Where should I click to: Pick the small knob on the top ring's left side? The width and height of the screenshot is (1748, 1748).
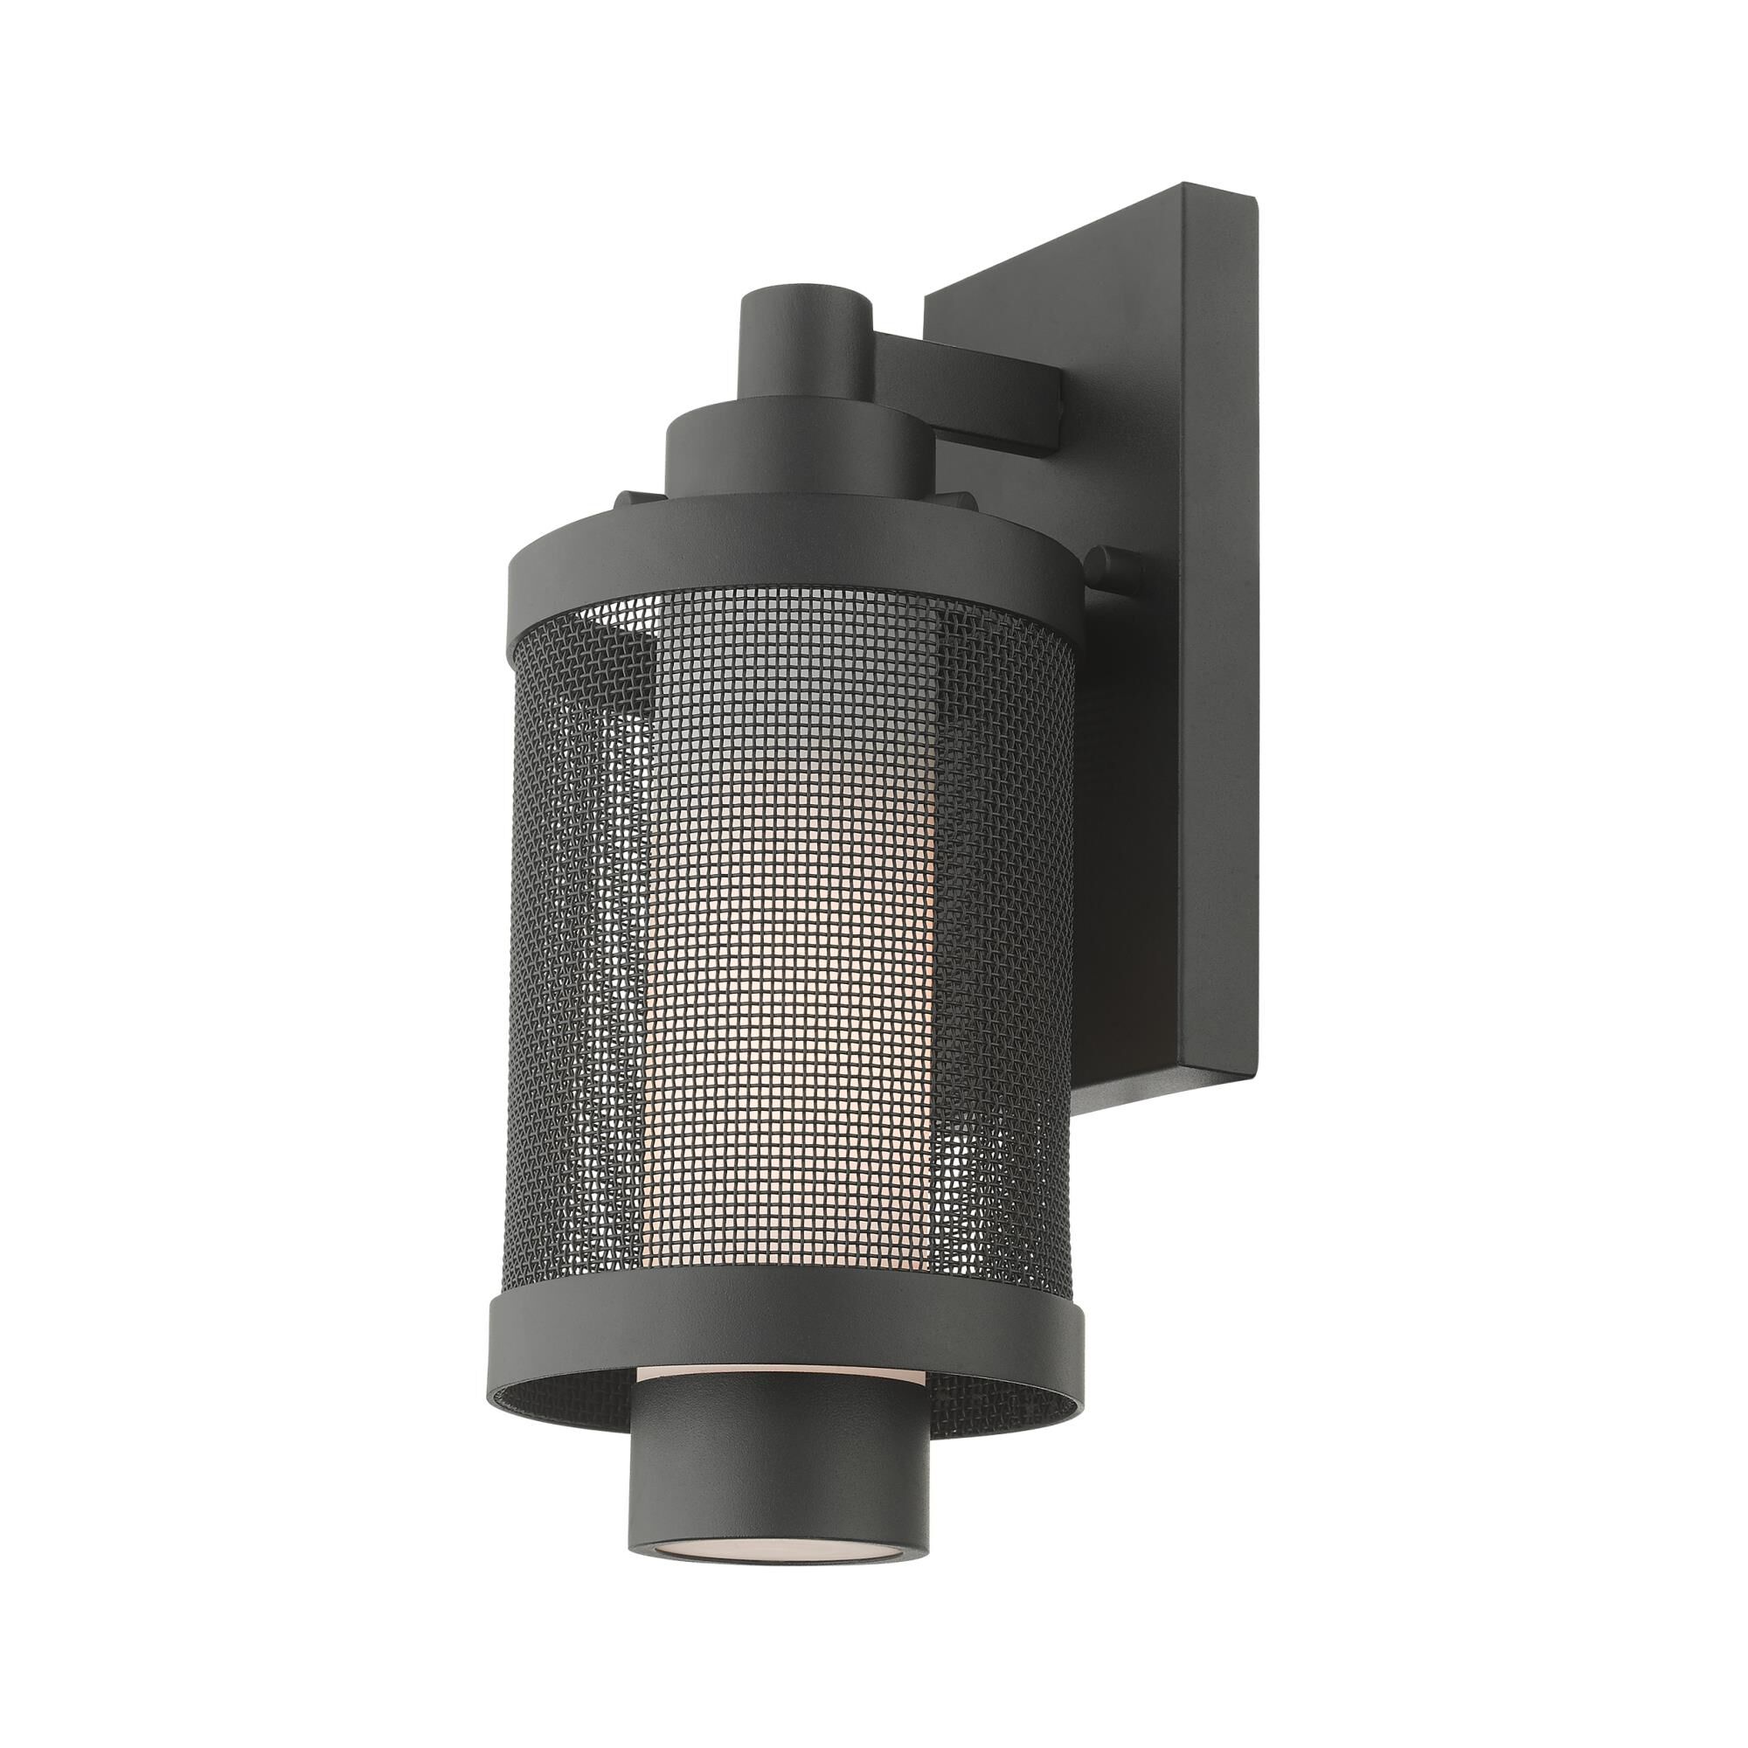(629, 499)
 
